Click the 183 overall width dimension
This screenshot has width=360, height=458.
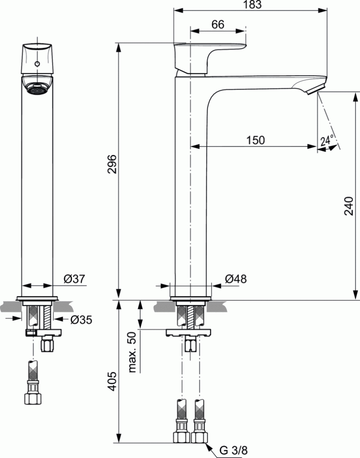pyautogui.click(x=251, y=4)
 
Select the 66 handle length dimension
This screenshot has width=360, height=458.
pyautogui.click(x=218, y=25)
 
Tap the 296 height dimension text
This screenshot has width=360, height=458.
pyautogui.click(x=112, y=165)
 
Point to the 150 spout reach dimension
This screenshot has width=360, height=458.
pyautogui.click(x=255, y=140)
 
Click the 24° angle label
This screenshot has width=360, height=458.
pyautogui.click(x=327, y=140)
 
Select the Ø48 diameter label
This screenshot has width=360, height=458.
pyautogui.click(x=236, y=279)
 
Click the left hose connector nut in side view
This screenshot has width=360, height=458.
pyautogui.click(x=182, y=436)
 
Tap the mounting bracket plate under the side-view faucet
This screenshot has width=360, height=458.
pyautogui.click(x=189, y=333)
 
